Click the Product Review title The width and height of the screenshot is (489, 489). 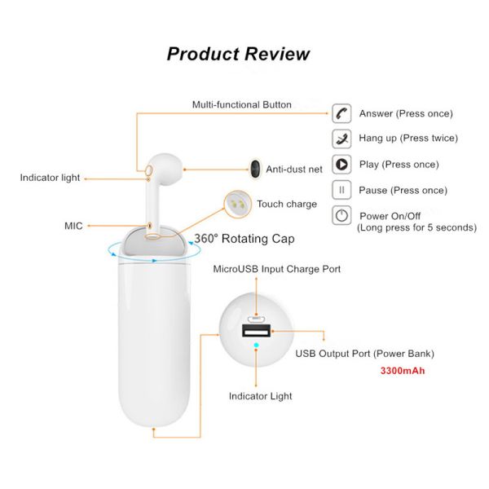click(x=238, y=54)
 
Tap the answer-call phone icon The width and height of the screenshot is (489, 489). click(x=341, y=113)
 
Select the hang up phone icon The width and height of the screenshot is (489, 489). click(x=341, y=139)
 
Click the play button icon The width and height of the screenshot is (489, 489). click(x=341, y=165)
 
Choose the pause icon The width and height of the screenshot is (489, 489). click(x=341, y=190)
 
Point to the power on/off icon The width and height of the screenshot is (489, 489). click(x=341, y=215)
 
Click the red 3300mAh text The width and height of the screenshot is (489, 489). click(x=403, y=371)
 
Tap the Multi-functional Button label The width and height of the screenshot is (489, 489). click(x=242, y=105)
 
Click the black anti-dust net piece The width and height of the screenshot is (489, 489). click(x=255, y=169)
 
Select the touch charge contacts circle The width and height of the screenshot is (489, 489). click(x=238, y=205)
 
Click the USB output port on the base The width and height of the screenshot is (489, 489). click(x=257, y=331)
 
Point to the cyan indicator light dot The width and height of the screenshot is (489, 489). click(x=256, y=345)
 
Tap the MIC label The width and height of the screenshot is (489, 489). click(x=73, y=226)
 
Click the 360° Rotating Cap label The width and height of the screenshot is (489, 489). click(x=244, y=239)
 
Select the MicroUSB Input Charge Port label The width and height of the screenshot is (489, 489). click(x=276, y=269)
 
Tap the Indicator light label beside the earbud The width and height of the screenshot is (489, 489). click(x=50, y=178)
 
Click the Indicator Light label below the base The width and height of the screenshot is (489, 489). click(x=261, y=396)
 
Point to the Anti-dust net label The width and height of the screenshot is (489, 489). click(x=294, y=170)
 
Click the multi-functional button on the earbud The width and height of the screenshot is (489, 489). click(x=149, y=170)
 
